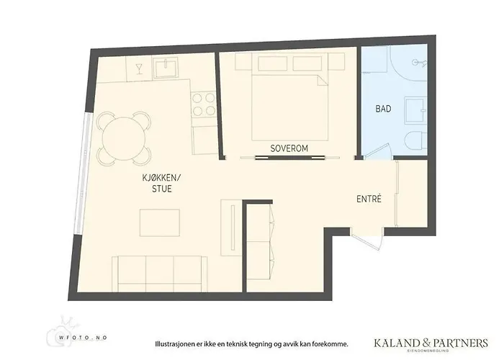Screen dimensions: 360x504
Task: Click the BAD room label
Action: click(x=383, y=109)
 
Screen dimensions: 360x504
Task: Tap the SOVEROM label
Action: click(x=289, y=148)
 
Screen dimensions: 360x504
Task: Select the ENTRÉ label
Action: click(x=368, y=199)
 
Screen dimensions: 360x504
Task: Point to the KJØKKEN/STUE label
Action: click(x=162, y=184)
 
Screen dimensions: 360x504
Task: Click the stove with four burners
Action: click(x=203, y=103)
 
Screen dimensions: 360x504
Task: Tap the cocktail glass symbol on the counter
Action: click(x=139, y=69)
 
